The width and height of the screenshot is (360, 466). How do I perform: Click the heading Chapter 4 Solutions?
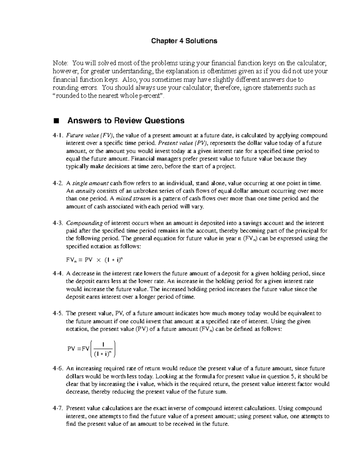pos(184,41)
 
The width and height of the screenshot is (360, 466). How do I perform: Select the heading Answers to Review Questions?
pos(126,121)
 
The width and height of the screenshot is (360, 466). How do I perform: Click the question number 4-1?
pos(58,135)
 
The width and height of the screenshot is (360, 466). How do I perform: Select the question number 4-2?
pos(58,183)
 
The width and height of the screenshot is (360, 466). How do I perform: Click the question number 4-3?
pos(58,223)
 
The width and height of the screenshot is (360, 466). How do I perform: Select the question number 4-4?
pos(58,273)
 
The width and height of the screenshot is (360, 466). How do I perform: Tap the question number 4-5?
pos(58,313)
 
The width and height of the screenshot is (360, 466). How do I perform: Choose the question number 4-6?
pos(58,368)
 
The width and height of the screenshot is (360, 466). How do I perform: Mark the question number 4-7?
pos(58,408)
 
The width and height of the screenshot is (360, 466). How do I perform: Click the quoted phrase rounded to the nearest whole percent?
pos(110,96)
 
